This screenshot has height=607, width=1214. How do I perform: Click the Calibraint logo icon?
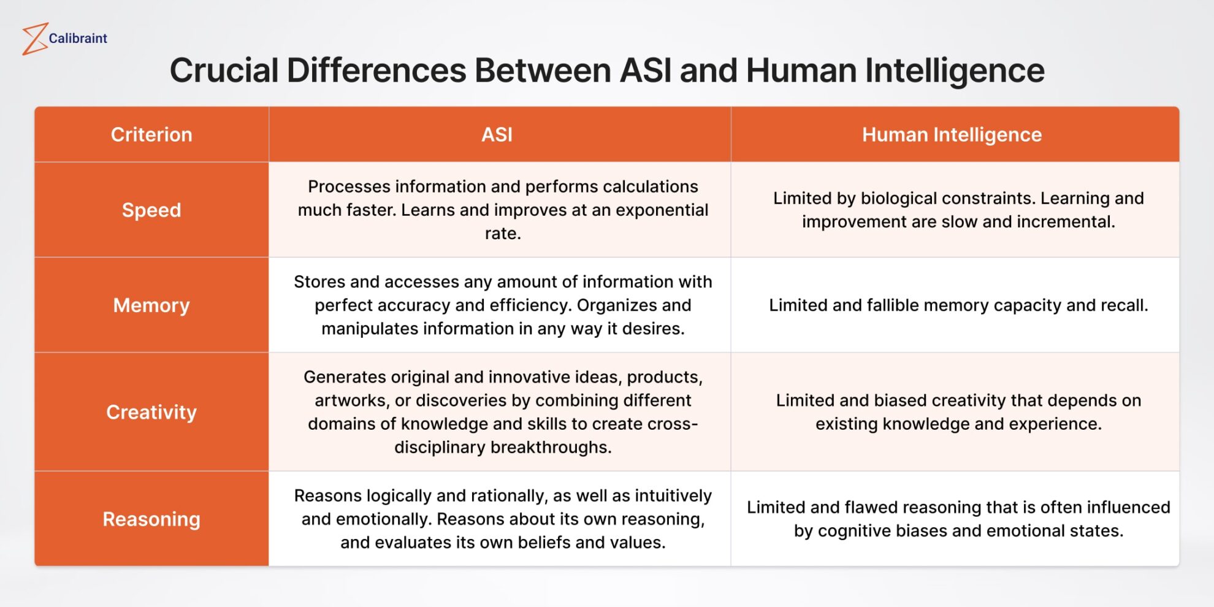[35, 39]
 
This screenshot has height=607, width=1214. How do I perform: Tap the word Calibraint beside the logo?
[78, 39]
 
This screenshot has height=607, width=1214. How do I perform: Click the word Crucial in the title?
[224, 71]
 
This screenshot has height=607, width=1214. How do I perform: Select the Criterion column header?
[151, 135]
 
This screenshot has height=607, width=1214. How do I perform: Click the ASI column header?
[497, 135]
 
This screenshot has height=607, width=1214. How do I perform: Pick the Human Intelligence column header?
[952, 135]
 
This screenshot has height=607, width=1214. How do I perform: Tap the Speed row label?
[151, 210]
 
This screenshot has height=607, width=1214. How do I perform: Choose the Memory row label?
[151, 305]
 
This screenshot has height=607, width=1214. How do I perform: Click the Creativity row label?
[151, 412]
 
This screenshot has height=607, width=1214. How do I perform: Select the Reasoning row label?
[151, 519]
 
